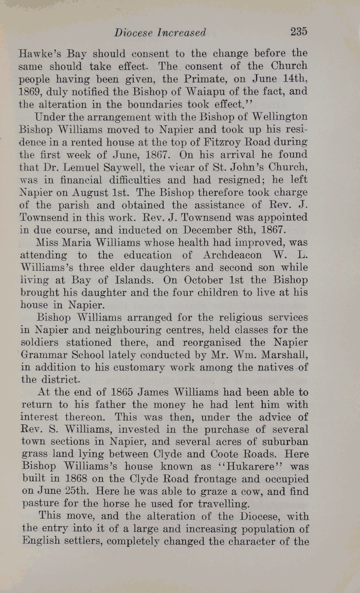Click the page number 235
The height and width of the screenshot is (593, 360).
298,31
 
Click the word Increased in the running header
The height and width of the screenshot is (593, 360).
182,33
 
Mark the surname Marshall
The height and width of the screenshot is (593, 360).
278,355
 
